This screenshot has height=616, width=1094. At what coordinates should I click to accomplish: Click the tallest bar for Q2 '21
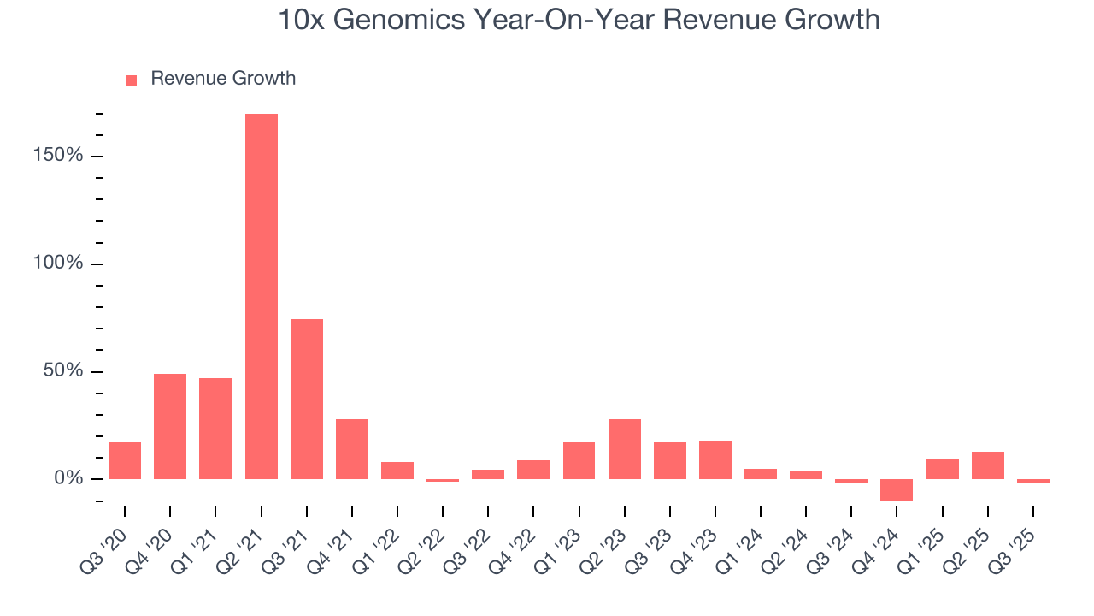pos(262,296)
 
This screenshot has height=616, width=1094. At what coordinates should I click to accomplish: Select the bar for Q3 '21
pos(307,399)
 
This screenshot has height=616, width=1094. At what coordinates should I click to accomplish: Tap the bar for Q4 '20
pos(170,426)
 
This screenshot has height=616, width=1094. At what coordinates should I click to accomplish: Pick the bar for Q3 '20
pos(125,460)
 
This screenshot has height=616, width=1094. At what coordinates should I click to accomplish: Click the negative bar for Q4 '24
pos(897,490)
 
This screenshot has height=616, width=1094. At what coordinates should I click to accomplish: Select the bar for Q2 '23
pos(625,449)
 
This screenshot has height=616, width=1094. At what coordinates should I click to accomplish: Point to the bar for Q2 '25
pos(988,465)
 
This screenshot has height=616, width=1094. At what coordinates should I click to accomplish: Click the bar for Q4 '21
pos(352,449)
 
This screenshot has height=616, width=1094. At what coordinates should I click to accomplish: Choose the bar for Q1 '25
pos(943,469)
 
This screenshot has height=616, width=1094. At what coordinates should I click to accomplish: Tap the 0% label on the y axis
pos(70,478)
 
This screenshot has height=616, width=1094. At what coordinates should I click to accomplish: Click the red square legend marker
pos(132,80)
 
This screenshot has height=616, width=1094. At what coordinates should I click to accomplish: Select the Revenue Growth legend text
pos(223,79)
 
